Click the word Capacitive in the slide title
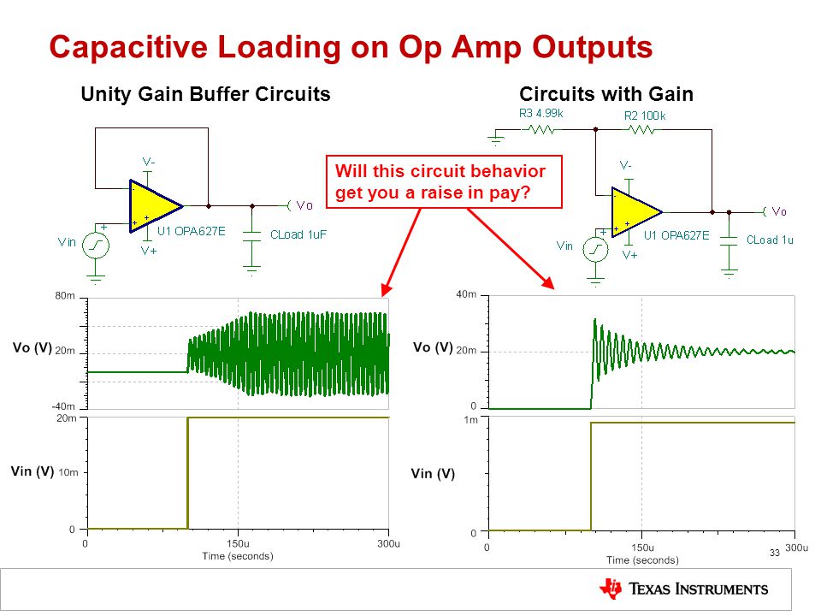(128, 47)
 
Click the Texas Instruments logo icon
(611, 589)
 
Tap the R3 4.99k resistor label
(540, 113)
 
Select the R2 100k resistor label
(645, 115)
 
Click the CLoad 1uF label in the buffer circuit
(298, 234)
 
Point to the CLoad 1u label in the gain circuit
(770, 240)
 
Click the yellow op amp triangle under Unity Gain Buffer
(156, 206)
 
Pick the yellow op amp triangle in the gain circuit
(636, 212)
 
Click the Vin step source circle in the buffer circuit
(96, 246)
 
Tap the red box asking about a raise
(444, 181)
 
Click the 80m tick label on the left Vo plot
(66, 296)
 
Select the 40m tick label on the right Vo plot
(466, 294)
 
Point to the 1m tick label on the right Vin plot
(471, 420)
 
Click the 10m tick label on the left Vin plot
(68, 472)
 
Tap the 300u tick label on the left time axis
(388, 544)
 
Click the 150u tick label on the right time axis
(642, 548)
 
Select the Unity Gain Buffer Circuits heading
(206, 94)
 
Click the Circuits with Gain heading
(606, 94)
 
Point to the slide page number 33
(775, 554)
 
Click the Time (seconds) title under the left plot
(238, 556)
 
